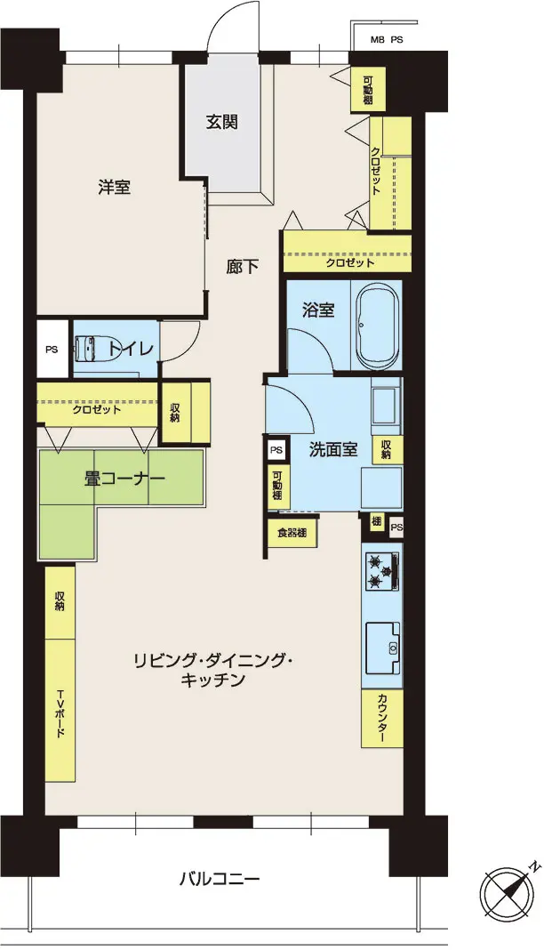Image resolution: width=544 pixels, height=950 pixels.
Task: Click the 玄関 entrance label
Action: point(221,122)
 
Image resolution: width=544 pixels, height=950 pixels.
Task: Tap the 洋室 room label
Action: point(115,187)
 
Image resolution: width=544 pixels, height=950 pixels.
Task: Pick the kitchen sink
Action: point(382,647)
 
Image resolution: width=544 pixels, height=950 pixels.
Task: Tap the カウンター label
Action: point(382,719)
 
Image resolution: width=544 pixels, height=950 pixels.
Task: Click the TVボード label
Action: point(60,713)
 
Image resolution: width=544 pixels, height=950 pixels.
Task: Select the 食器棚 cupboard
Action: point(292,533)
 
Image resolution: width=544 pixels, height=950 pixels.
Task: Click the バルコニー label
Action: point(220,877)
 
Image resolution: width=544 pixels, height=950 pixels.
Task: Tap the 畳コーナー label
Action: point(124,479)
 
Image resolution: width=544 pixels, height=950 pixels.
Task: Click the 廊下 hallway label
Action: point(243,266)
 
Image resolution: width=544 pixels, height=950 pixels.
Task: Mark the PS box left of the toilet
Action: point(52,349)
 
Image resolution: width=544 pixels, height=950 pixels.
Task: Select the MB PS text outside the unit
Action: point(387,40)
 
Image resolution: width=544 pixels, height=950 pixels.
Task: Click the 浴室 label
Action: point(318,310)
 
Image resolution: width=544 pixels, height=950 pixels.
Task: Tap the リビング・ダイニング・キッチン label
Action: point(212,670)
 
